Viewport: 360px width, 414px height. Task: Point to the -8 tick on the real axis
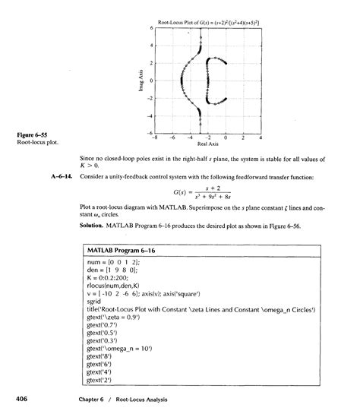[154, 138]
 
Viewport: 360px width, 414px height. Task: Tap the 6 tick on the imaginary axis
[150, 27]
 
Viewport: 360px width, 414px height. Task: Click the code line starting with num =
[112, 262]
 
